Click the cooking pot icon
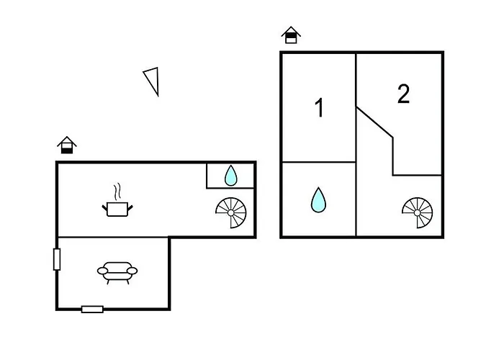[117, 209]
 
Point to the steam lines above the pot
[117, 192]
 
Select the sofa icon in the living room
[117, 273]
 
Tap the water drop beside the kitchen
[230, 176]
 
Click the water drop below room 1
[318, 199]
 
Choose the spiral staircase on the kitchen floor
[231, 213]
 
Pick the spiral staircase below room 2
[417, 213]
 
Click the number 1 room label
[319, 108]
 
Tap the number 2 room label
[403, 94]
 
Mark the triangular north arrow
[151, 81]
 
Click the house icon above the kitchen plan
[67, 145]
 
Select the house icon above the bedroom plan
[291, 35]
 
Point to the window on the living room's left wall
[57, 259]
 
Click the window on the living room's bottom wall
[92, 309]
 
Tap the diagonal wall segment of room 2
[374, 122]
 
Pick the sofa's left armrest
[102, 271]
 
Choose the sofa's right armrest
[132, 271]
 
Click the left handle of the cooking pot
[104, 208]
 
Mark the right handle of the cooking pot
[130, 208]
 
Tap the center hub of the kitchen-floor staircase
[231, 213]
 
